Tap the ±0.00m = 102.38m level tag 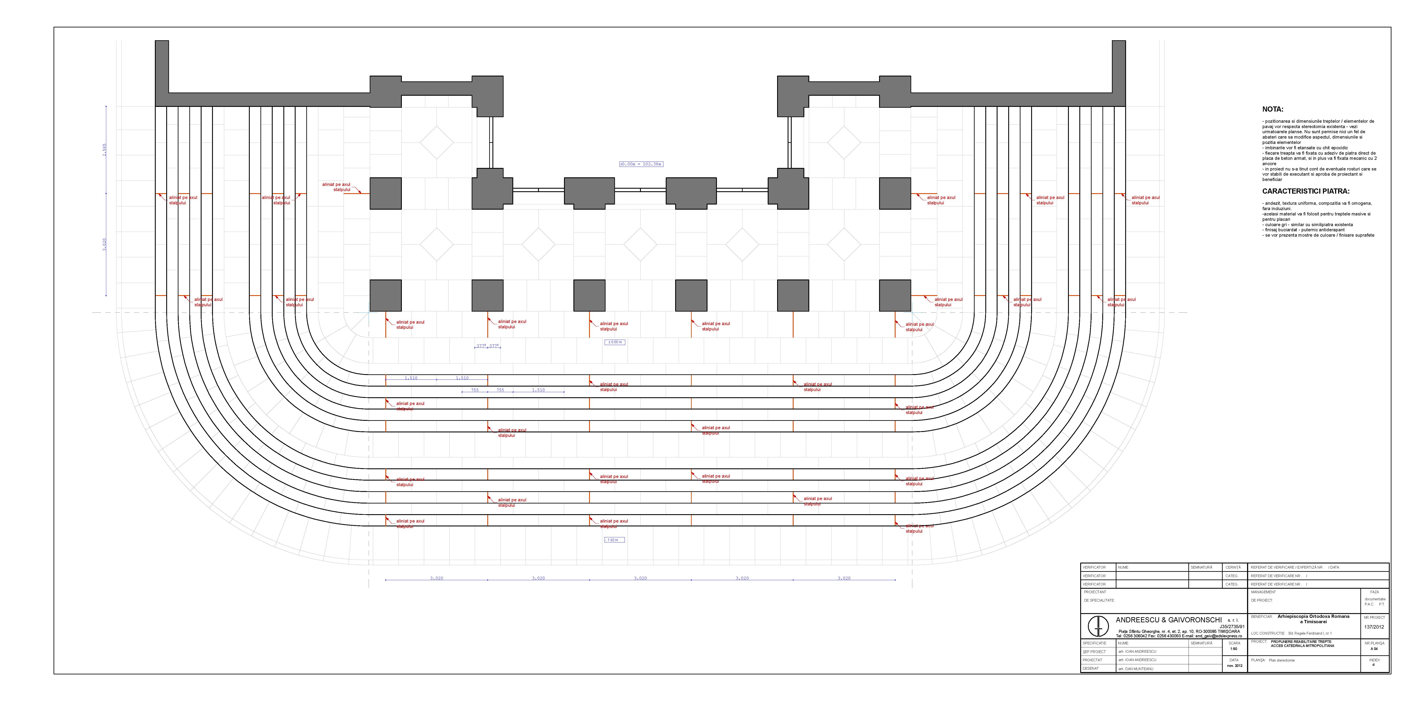pyautogui.click(x=641, y=164)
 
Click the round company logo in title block pyautogui.click(x=1098, y=626)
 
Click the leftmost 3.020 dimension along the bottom pyautogui.click(x=437, y=578)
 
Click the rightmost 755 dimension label pyautogui.click(x=500, y=390)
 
